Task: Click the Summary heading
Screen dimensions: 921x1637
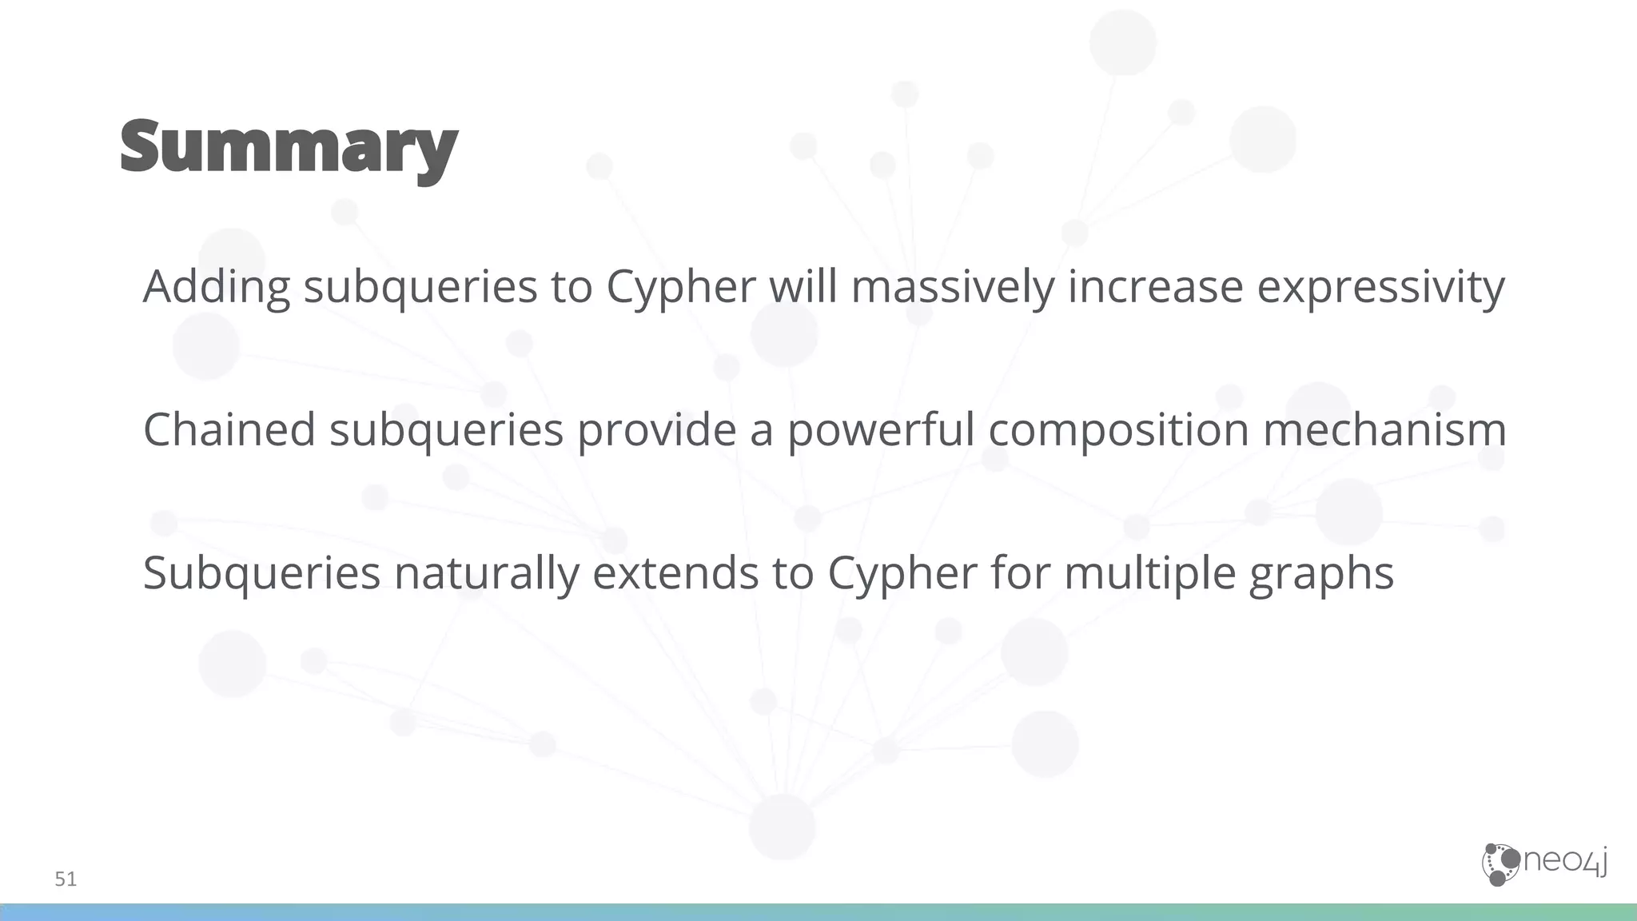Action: click(289, 148)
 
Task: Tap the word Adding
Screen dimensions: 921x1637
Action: click(216, 286)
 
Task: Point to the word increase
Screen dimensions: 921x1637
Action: click(1155, 286)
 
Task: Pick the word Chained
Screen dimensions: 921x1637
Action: click(229, 429)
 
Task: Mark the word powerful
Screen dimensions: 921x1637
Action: click(881, 429)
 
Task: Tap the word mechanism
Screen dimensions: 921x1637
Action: click(1384, 429)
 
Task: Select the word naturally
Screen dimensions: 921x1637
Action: click(486, 573)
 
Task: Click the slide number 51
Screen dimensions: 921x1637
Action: click(66, 879)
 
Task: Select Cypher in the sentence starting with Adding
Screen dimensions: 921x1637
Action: click(680, 288)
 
